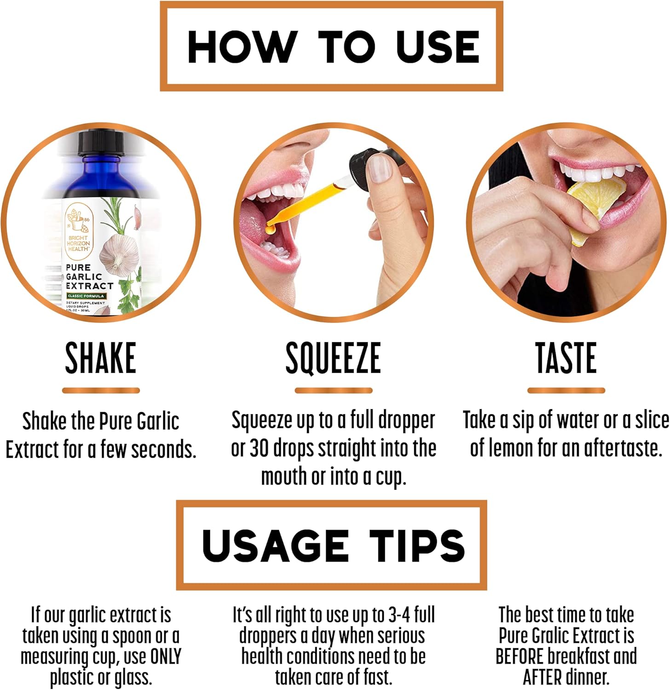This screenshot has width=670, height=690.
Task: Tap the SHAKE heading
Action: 101,358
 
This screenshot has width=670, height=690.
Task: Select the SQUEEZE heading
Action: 333,358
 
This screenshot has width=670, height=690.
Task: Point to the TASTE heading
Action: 566,358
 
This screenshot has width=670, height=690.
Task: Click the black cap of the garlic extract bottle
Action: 101,143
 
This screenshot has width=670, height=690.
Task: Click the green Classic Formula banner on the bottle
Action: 86,296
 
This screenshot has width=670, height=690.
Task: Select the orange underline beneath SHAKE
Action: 101,391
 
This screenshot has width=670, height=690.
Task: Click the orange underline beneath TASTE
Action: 566,391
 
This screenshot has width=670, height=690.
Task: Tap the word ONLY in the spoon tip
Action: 166,656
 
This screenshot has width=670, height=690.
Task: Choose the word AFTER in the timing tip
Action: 543,677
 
